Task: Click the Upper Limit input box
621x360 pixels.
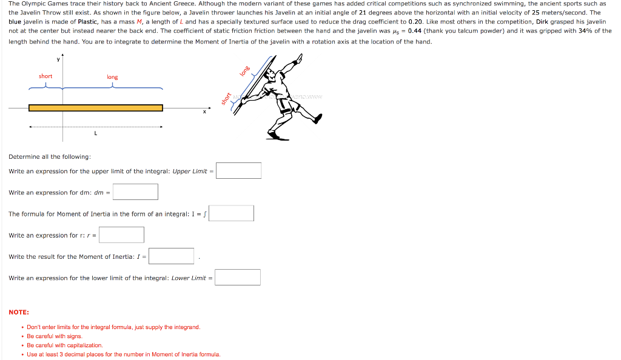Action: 239,171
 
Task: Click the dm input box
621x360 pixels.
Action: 135,192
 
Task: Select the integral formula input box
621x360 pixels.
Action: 231,213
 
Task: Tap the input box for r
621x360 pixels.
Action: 122,235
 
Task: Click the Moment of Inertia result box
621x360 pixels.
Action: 172,256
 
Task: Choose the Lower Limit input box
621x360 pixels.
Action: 238,278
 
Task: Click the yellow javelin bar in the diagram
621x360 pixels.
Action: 96,108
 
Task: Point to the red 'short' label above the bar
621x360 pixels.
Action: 45,76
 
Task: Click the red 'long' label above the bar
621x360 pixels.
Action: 112,77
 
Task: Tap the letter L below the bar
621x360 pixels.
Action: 95,133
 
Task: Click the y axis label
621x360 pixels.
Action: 58,59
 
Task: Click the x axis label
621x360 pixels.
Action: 204,112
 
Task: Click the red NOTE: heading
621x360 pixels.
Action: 19,312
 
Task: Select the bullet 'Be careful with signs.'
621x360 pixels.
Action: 55,336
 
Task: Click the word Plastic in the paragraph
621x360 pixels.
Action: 87,21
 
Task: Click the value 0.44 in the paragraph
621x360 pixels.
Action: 415,31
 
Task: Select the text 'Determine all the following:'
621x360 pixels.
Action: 50,156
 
